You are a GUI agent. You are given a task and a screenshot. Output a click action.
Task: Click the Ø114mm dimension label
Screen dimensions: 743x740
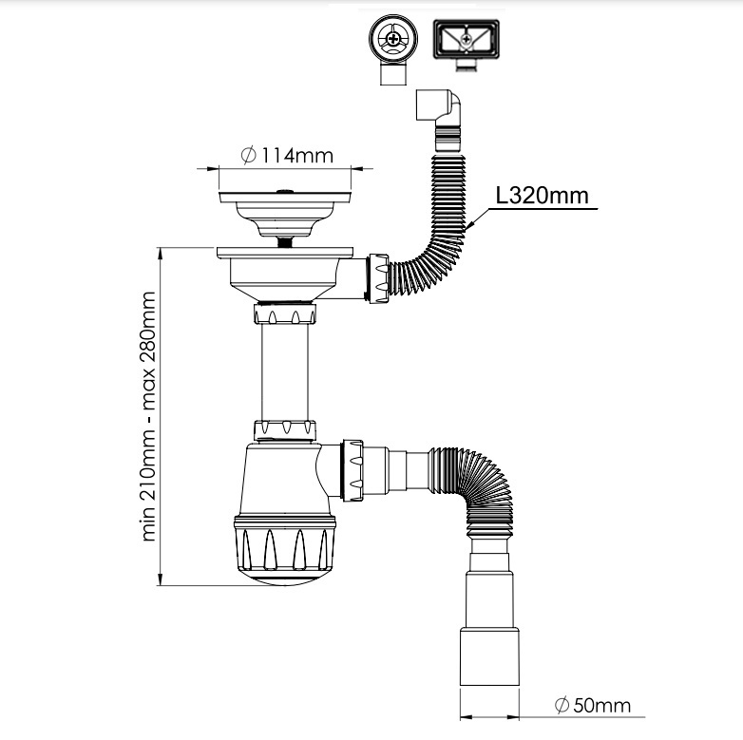point(287,156)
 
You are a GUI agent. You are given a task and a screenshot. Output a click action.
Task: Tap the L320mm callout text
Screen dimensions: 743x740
point(543,195)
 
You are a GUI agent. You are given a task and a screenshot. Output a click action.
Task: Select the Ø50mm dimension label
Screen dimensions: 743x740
point(593,706)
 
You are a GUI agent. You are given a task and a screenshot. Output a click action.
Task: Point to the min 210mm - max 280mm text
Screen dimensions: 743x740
point(149,416)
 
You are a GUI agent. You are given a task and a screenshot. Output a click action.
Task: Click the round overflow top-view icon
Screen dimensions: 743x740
point(393,49)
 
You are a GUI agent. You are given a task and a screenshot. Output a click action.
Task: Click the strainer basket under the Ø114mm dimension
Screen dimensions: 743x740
point(285,213)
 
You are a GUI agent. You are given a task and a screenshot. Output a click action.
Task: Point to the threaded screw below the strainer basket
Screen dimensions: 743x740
point(285,242)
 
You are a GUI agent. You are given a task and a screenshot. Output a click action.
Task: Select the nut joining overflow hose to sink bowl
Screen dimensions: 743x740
point(378,278)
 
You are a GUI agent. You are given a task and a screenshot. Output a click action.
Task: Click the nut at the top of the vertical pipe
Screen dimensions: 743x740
point(285,314)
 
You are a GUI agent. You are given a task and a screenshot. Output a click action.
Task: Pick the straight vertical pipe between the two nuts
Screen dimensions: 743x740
point(285,372)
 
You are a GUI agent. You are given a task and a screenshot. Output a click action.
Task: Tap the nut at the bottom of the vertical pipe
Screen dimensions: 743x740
point(285,430)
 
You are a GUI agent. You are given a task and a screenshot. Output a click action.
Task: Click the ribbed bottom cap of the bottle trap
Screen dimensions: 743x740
point(285,550)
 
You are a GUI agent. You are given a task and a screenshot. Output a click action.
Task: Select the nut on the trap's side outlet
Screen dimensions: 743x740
point(352,471)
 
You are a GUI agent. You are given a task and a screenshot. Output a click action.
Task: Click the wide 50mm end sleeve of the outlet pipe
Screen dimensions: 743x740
point(489,656)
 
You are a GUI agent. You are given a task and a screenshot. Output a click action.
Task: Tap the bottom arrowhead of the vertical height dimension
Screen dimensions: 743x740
point(161,579)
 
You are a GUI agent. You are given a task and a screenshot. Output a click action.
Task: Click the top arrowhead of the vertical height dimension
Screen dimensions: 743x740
point(161,254)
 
